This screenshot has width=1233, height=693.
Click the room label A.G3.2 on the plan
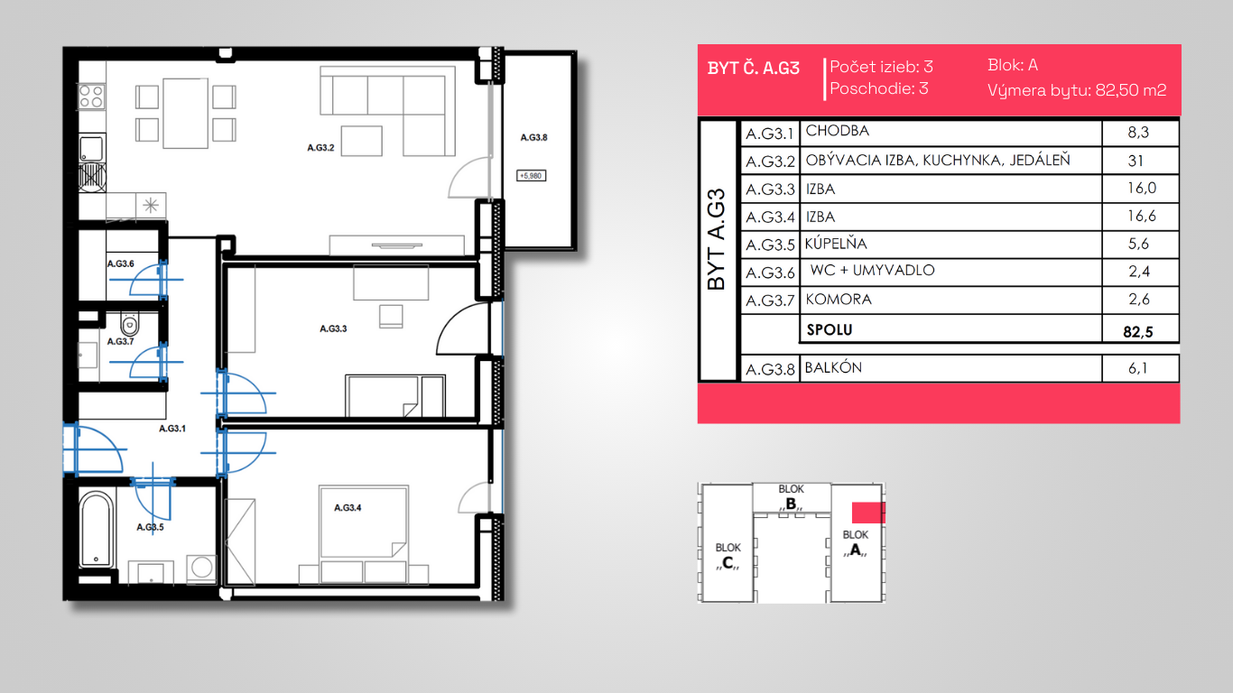tap(321, 147)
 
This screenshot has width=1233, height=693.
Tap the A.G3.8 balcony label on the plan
tap(534, 138)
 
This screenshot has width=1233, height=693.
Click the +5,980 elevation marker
tap(531, 176)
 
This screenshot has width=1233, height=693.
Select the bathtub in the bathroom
tap(97, 530)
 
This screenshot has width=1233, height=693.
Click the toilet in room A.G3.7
tap(130, 324)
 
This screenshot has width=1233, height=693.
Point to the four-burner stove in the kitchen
tap(92, 97)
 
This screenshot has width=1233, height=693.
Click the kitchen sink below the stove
tap(91, 148)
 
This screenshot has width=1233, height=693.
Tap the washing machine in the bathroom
tap(201, 568)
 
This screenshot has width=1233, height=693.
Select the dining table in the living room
tap(186, 114)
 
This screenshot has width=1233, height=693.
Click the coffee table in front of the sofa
tap(362, 141)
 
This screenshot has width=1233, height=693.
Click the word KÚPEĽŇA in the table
tap(836, 244)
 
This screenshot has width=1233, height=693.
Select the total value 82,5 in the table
tap(1138, 331)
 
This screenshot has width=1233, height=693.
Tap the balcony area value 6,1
tap(1138, 367)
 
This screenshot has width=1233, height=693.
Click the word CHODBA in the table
tap(838, 131)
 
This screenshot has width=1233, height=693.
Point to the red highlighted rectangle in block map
tap(868, 513)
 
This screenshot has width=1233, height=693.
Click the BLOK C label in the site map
tap(728, 556)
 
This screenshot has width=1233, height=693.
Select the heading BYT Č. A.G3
tap(754, 69)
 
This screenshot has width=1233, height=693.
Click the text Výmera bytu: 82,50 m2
tap(1077, 90)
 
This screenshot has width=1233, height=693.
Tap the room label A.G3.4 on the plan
tap(348, 507)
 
